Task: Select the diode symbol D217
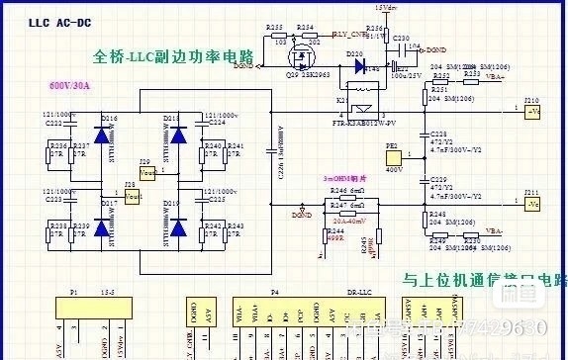[x=101, y=228]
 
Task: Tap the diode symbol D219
[x=178, y=228]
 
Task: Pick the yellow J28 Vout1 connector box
[x=133, y=198]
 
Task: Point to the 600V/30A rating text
[x=68, y=86]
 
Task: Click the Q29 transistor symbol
[x=296, y=61]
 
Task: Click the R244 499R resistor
[x=328, y=232]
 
